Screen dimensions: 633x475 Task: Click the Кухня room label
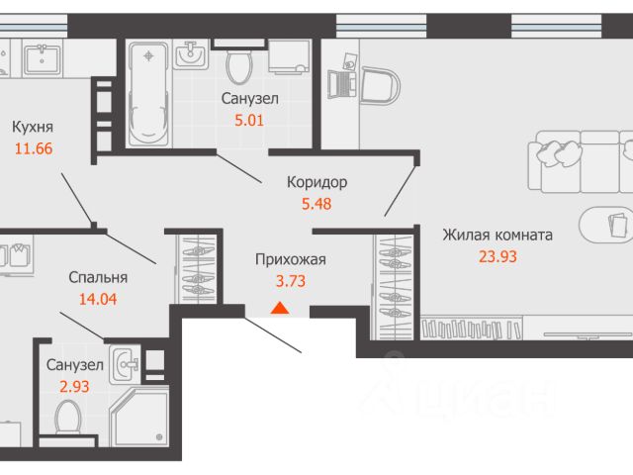[33, 128]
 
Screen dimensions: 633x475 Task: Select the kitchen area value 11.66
[34, 148]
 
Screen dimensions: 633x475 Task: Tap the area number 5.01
[249, 121]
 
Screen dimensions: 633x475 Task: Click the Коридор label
[316, 182]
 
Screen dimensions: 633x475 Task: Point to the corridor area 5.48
[316, 204]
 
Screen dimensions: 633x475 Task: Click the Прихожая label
[290, 259]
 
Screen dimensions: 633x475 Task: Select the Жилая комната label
[497, 235]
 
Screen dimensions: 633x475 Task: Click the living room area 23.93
[497, 256]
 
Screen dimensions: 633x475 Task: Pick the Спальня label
[98, 277]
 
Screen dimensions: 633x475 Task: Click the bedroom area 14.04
[98, 299]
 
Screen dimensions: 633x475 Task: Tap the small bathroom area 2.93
[74, 387]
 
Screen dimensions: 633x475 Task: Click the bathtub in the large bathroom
[148, 94]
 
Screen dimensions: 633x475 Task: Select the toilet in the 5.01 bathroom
[239, 66]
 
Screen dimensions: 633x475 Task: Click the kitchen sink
[43, 60]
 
